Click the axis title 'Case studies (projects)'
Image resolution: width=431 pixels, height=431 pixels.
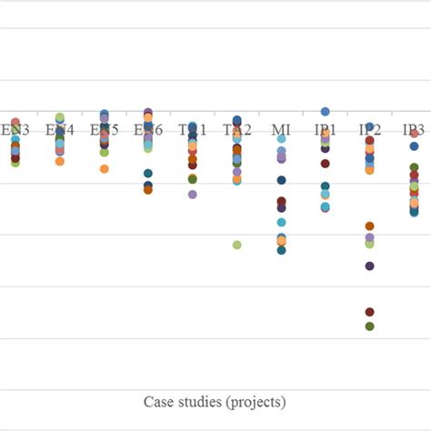pyautogui.click(x=215, y=401)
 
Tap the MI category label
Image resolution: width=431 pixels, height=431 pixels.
pyautogui.click(x=281, y=130)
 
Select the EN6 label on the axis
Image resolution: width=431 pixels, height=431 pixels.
pyautogui.click(x=148, y=130)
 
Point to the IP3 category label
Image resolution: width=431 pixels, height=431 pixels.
pyautogui.click(x=414, y=130)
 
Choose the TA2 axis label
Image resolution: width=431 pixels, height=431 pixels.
pyautogui.click(x=236, y=130)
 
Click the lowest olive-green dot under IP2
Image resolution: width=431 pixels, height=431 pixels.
pyautogui.click(x=369, y=326)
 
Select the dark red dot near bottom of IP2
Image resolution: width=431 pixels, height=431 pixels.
pyautogui.click(x=369, y=312)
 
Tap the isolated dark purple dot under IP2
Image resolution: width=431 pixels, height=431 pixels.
pyautogui.click(x=369, y=266)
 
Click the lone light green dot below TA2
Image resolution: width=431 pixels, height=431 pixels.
pyautogui.click(x=236, y=245)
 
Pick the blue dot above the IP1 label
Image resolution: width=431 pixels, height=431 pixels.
pyautogui.click(x=325, y=112)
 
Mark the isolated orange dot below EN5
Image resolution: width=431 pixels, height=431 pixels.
pyautogui.click(x=105, y=169)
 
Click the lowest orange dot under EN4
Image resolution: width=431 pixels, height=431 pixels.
pyautogui.click(x=60, y=161)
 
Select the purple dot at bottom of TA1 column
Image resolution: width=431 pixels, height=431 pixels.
pyautogui.click(x=192, y=195)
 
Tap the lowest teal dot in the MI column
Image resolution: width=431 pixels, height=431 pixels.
pyautogui.click(x=281, y=249)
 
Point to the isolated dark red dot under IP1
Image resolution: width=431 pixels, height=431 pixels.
pyautogui.click(x=325, y=164)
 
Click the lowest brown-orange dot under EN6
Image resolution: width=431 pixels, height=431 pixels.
pyautogui.click(x=148, y=190)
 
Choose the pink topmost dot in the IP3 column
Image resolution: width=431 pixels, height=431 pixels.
pyautogui.click(x=414, y=134)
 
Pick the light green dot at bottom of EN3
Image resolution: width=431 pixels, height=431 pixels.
pyautogui.click(x=15, y=163)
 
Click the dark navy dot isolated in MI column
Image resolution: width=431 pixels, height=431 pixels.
pyautogui.click(x=281, y=180)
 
